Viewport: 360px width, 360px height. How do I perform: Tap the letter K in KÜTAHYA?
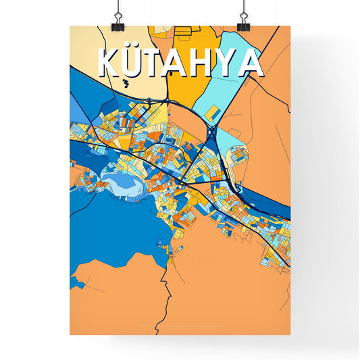tap(111, 63)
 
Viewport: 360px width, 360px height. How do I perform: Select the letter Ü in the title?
tap(135, 63)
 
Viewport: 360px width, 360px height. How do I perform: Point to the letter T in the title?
tap(157, 63)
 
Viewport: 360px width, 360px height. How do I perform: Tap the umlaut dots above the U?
tap(135, 49)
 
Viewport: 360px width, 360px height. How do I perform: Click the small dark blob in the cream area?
tap(126, 84)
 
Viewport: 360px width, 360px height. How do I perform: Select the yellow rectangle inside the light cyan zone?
tap(212, 111)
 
